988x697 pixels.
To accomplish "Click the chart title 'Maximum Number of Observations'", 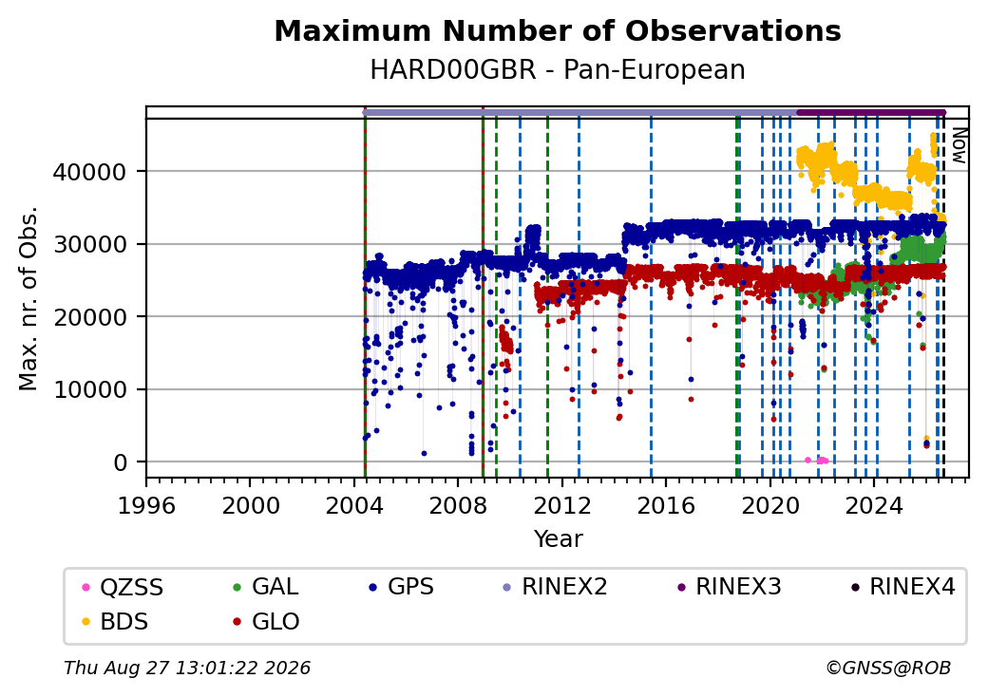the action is tap(558, 30).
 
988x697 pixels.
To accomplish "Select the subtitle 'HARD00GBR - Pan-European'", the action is tap(558, 69).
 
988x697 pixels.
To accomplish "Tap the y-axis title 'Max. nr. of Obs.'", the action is tap(28, 298).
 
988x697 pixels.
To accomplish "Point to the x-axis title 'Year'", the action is tap(559, 539).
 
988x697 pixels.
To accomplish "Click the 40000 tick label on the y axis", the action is tap(90, 172).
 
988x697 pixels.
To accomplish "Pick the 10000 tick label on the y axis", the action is tap(90, 389).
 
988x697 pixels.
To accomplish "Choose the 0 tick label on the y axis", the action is tap(121, 462).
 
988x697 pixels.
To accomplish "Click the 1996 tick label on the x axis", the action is tap(147, 505).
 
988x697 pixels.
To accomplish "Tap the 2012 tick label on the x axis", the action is tap(562, 505).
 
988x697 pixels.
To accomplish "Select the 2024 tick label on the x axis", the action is tap(875, 505).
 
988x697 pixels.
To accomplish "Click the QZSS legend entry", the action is tap(123, 588).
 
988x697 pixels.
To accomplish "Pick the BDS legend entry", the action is tap(115, 622).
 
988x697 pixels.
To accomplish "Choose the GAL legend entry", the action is tap(265, 588).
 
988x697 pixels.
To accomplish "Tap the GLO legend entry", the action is tap(266, 622).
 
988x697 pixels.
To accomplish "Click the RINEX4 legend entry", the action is tap(902, 588).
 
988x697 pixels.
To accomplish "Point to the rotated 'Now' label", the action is tap(959, 145).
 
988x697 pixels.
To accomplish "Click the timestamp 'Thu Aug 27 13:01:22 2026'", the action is tap(187, 668).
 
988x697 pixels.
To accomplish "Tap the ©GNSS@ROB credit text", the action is tap(888, 668).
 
